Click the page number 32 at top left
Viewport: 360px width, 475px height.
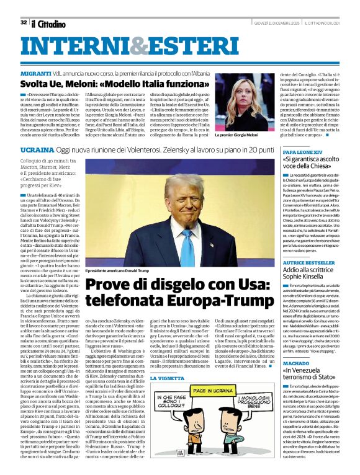(23, 23)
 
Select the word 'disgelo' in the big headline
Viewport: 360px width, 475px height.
(164, 285)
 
